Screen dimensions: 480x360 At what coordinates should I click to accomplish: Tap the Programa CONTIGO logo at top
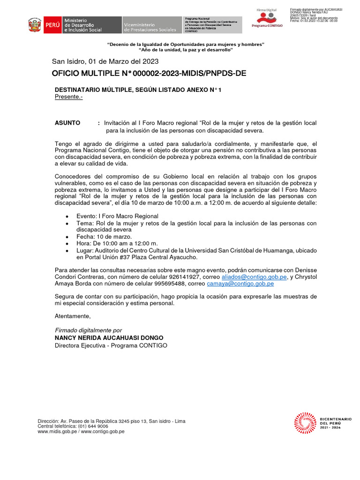(267, 18)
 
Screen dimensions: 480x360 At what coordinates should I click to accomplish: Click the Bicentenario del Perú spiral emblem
(305, 422)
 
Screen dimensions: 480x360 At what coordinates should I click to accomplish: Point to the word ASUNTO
(67, 123)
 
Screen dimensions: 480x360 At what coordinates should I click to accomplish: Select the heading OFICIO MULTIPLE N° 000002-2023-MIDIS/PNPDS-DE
(149, 74)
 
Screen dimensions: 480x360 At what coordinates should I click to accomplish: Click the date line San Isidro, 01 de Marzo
(105, 61)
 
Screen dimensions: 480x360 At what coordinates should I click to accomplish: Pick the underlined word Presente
(68, 97)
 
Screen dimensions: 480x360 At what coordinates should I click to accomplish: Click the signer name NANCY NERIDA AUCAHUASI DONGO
(109, 337)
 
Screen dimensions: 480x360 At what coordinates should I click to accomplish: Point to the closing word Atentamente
(73, 316)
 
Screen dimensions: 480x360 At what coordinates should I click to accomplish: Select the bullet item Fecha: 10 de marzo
(104, 237)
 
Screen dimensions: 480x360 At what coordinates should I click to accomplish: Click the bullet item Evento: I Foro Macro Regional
(117, 216)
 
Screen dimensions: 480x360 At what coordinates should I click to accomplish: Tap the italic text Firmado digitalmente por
(88, 330)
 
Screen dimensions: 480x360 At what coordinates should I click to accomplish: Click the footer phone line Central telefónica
(73, 426)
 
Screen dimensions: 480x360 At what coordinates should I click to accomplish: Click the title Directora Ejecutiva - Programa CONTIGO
(111, 345)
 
